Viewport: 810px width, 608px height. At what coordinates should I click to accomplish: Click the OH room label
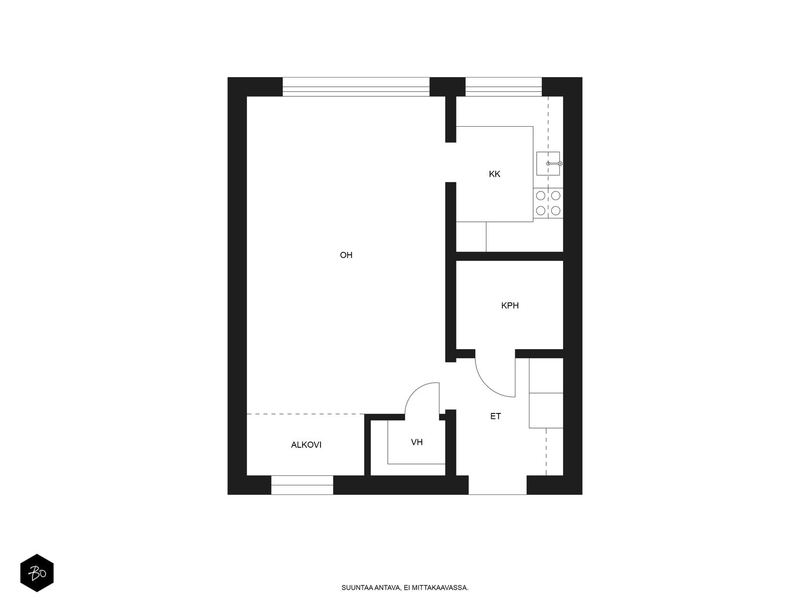pos(346,255)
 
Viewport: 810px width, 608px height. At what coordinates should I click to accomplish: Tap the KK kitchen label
pos(495,174)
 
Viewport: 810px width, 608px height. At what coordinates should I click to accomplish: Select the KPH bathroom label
pos(510,306)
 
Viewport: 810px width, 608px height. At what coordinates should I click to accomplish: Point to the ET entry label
pos(496,416)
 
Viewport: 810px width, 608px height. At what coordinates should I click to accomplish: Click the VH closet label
pos(417,442)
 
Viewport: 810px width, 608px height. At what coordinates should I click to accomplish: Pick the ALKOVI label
pos(306,445)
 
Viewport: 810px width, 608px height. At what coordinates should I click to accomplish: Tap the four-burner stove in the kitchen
pos(548,203)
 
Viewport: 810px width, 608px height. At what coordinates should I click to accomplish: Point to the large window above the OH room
pos(356,87)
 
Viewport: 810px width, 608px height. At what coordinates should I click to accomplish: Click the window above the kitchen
pos(503,87)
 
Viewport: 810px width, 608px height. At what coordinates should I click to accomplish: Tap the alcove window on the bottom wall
pos(302,485)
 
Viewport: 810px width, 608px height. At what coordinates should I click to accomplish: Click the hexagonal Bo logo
pos(37,573)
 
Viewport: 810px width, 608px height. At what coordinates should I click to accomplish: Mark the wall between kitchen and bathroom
pos(509,256)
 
